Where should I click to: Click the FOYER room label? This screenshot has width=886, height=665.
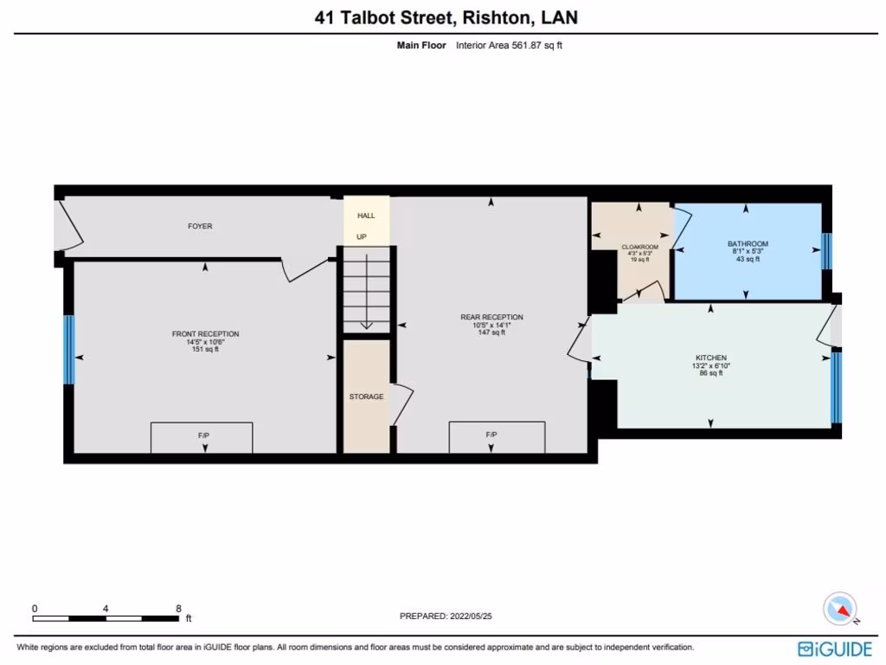point(200,226)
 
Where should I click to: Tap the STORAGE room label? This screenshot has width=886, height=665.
point(366,397)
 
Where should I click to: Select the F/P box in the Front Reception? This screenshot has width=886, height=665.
point(202,437)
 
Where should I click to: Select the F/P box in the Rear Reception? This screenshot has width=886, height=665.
point(497,437)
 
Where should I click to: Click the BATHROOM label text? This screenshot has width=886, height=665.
point(748,244)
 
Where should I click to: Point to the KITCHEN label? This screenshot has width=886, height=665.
point(711,358)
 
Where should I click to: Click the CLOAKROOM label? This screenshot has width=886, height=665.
point(640,247)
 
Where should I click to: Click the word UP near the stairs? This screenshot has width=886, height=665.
point(361,236)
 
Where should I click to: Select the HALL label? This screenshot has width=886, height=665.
point(366,215)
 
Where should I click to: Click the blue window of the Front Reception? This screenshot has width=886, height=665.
point(69,349)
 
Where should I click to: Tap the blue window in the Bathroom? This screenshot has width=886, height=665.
point(825,251)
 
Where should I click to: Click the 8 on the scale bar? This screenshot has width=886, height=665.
point(178,609)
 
